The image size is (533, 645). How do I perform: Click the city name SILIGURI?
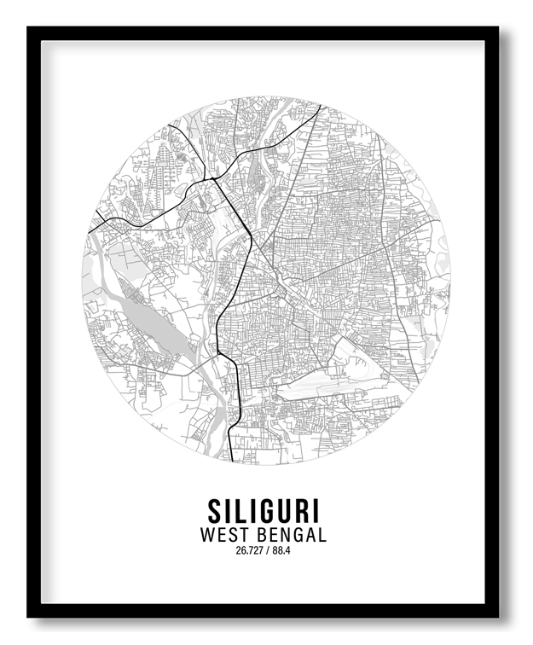(x=264, y=511)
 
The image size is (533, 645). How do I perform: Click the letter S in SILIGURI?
(x=215, y=511)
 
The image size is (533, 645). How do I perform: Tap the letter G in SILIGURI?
(x=264, y=511)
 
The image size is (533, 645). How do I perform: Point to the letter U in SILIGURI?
(x=283, y=511)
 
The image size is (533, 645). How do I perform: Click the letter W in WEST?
(x=208, y=535)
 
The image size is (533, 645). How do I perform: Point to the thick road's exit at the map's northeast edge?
(x=320, y=105)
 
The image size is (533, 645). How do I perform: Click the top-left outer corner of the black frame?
(x=27, y=27)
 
